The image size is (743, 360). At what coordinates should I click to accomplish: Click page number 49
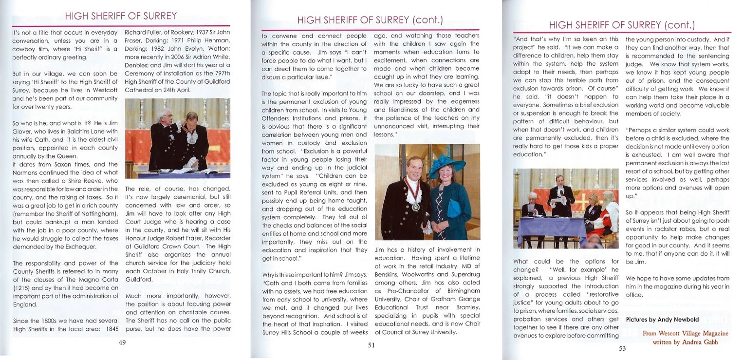(x=122, y=342)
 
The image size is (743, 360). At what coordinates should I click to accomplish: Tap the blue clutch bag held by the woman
(x=454, y=208)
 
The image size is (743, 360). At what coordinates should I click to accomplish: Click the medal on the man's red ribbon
(x=415, y=207)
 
